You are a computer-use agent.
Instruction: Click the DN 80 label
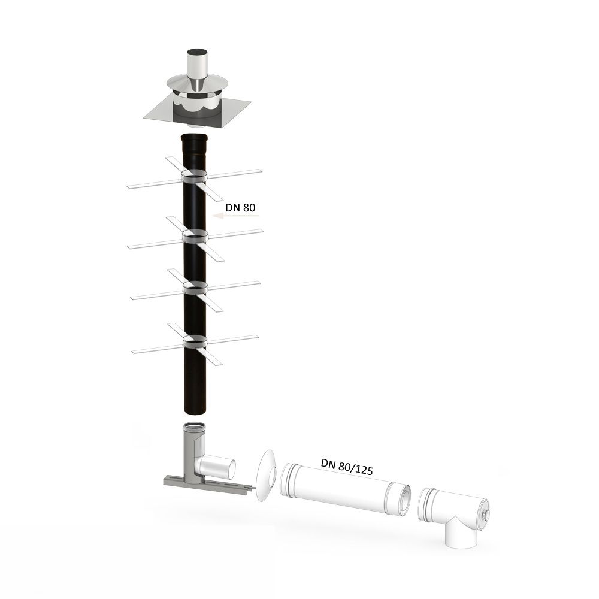pyautogui.click(x=240, y=207)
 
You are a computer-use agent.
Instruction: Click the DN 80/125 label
pyautogui.click(x=346, y=467)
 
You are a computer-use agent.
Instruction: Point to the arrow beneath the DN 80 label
pyautogui.click(x=235, y=216)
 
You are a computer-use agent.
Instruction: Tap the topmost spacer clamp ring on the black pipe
pyautogui.click(x=195, y=176)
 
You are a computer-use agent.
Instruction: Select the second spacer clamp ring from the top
pyautogui.click(x=195, y=235)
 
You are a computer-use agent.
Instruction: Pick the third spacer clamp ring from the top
pyautogui.click(x=195, y=288)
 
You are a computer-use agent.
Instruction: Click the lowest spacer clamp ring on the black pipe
pyautogui.click(x=195, y=341)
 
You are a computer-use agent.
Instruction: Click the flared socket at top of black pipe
pyautogui.click(x=195, y=144)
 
